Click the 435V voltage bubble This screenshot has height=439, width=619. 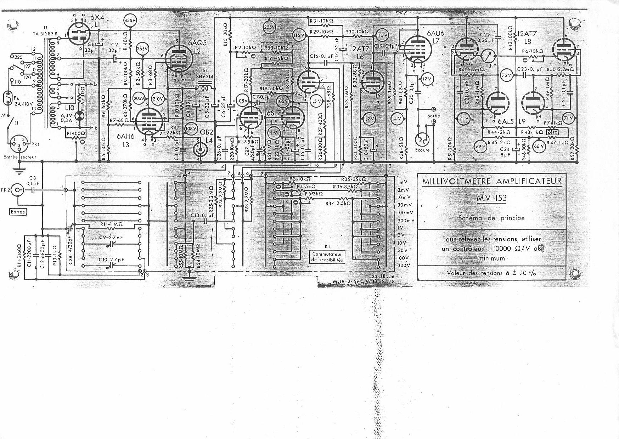(x=130, y=21)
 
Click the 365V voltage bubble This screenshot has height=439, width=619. (x=141, y=49)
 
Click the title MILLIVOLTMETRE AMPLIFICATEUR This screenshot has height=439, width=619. (x=492, y=182)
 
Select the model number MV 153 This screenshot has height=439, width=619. (x=491, y=198)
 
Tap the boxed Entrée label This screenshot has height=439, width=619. (x=18, y=211)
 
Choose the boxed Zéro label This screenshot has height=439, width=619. (x=553, y=132)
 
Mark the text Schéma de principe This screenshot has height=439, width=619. (x=491, y=218)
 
